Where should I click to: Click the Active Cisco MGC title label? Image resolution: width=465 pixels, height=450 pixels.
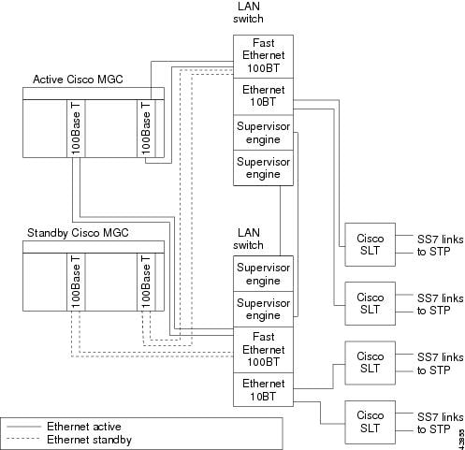pyautogui.click(x=78, y=80)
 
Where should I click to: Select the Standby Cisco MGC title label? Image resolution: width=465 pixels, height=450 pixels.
pyautogui.click(x=78, y=233)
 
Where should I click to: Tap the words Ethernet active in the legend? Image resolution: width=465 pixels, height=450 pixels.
pyautogui.click(x=84, y=427)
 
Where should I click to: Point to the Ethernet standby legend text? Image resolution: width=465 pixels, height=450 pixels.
pyautogui.click(x=89, y=440)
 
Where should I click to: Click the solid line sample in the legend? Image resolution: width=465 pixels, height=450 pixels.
pyautogui.click(x=23, y=427)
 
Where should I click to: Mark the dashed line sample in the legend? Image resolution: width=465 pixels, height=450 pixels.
pyautogui.click(x=23, y=439)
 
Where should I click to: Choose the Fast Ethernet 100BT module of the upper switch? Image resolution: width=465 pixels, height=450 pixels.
pyautogui.click(x=263, y=56)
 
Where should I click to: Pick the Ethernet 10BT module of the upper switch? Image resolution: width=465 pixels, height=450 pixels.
pyautogui.click(x=263, y=96)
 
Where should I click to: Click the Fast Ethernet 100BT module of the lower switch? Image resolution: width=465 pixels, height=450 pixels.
pyautogui.click(x=263, y=350)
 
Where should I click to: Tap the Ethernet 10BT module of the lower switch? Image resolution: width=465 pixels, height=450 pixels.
pyautogui.click(x=263, y=389)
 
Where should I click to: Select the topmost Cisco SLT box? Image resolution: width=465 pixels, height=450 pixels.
pyautogui.click(x=370, y=244)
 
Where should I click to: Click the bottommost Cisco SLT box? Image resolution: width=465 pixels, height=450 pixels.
pyautogui.click(x=370, y=422)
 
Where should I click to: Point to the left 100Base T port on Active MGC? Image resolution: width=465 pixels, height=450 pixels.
pyautogui.click(x=76, y=128)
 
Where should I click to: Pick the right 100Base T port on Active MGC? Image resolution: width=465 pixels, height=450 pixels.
pyautogui.click(x=146, y=128)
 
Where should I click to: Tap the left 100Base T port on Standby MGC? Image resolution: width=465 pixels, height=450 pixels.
pyautogui.click(x=76, y=282)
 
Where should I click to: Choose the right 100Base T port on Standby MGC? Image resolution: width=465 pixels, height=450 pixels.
pyautogui.click(x=146, y=282)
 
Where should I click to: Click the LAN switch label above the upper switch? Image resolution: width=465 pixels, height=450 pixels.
pyautogui.click(x=248, y=12)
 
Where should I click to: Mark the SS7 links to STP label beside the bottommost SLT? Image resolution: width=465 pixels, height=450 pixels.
pyautogui.click(x=440, y=423)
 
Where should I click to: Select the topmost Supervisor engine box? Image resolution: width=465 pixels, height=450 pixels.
pyautogui.click(x=263, y=133)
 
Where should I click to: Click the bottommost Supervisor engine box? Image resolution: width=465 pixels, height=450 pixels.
pyautogui.click(x=263, y=309)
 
